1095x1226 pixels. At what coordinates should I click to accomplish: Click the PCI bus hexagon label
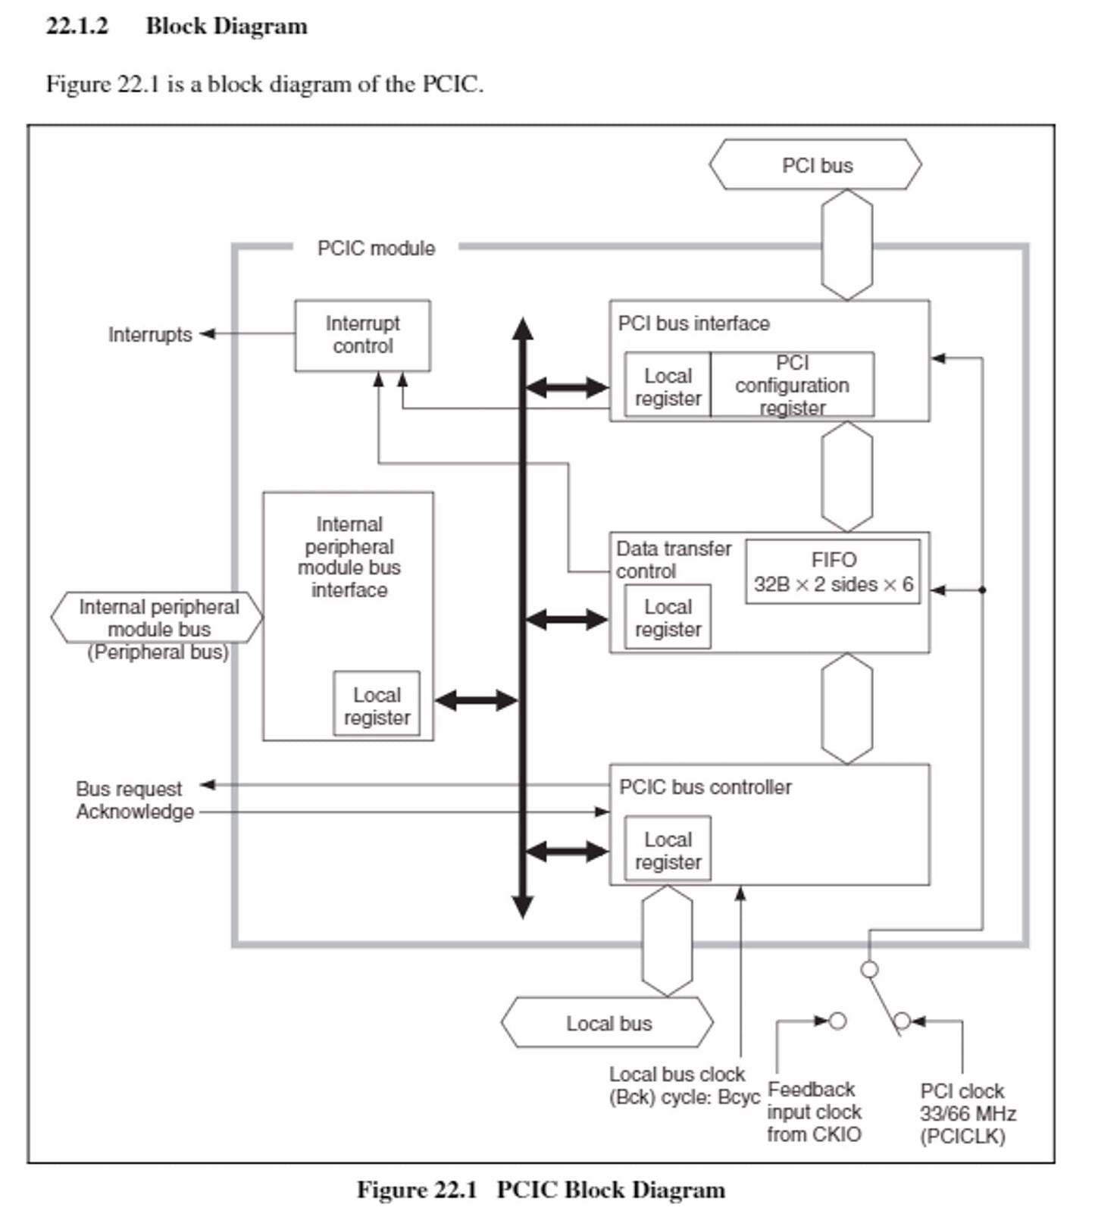pos(815,165)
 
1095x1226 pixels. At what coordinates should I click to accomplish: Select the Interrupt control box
pos(362,335)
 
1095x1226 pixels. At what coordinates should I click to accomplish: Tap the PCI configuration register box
pos(792,385)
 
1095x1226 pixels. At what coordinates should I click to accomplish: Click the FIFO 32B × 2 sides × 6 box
pos(832,572)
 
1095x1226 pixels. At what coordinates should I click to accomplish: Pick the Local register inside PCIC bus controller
pos(667,850)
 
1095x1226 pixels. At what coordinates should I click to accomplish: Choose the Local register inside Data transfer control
pos(667,618)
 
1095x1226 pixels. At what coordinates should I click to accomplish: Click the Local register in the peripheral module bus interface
pos(377,705)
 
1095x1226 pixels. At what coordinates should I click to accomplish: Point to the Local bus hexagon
pos(608,1023)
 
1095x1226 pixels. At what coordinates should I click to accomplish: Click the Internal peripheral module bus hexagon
pos(157,618)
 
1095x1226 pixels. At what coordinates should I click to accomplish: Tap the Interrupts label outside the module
pos(149,334)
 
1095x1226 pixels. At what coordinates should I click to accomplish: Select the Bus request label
pos(129,789)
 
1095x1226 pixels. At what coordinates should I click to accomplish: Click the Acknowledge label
pos(135,812)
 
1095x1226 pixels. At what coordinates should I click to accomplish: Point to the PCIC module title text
pos(376,248)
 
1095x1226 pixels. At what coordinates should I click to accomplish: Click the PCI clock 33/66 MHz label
pos(967,1113)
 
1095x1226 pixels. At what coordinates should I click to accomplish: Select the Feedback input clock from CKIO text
pos(814,1112)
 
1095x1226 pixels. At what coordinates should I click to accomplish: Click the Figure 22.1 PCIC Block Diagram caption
pos(540,1190)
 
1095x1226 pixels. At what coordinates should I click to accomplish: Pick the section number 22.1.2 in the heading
pos(77,26)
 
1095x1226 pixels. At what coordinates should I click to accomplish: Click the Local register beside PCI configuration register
pos(667,386)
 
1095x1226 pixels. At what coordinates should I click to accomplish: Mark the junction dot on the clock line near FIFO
pos(982,590)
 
